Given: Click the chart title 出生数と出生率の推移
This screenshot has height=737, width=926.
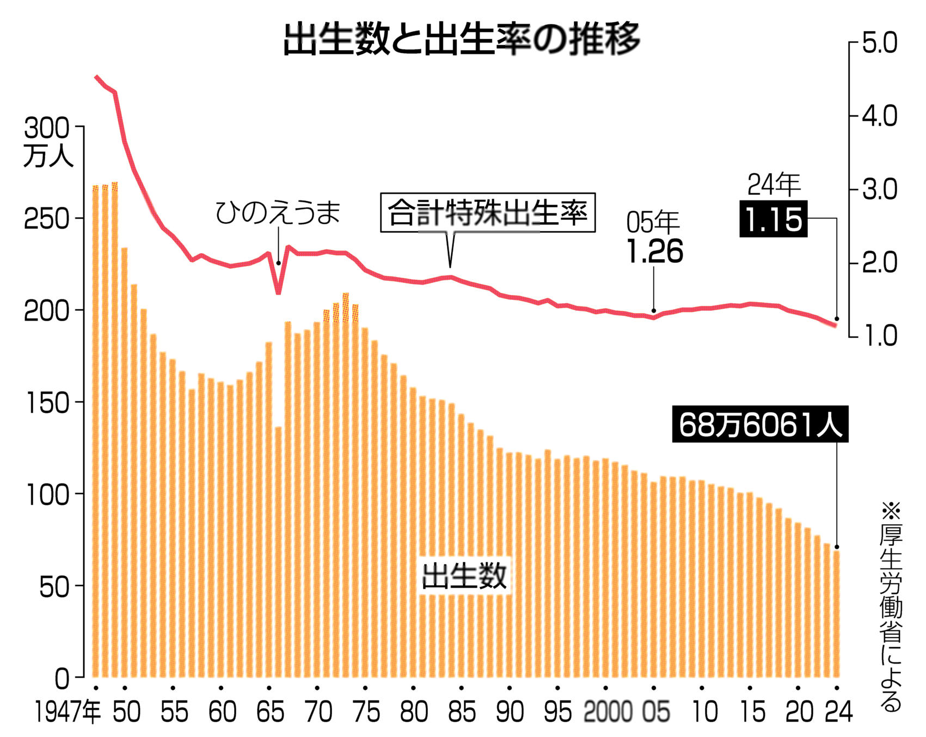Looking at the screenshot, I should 462,39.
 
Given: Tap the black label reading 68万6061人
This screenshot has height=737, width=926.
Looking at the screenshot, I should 760,424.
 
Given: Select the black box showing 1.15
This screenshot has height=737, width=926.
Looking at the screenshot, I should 773,219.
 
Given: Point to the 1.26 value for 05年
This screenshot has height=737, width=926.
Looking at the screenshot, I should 654,251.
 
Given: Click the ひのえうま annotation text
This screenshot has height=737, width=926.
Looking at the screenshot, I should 278,212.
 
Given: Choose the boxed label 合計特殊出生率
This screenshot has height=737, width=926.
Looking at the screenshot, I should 487,213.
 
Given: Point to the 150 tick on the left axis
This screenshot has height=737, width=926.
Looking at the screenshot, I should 47,403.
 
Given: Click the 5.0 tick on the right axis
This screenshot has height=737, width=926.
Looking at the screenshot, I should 880,44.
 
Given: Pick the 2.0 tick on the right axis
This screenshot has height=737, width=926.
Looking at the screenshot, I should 880,263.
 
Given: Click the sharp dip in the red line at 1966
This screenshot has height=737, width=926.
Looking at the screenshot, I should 278,291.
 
